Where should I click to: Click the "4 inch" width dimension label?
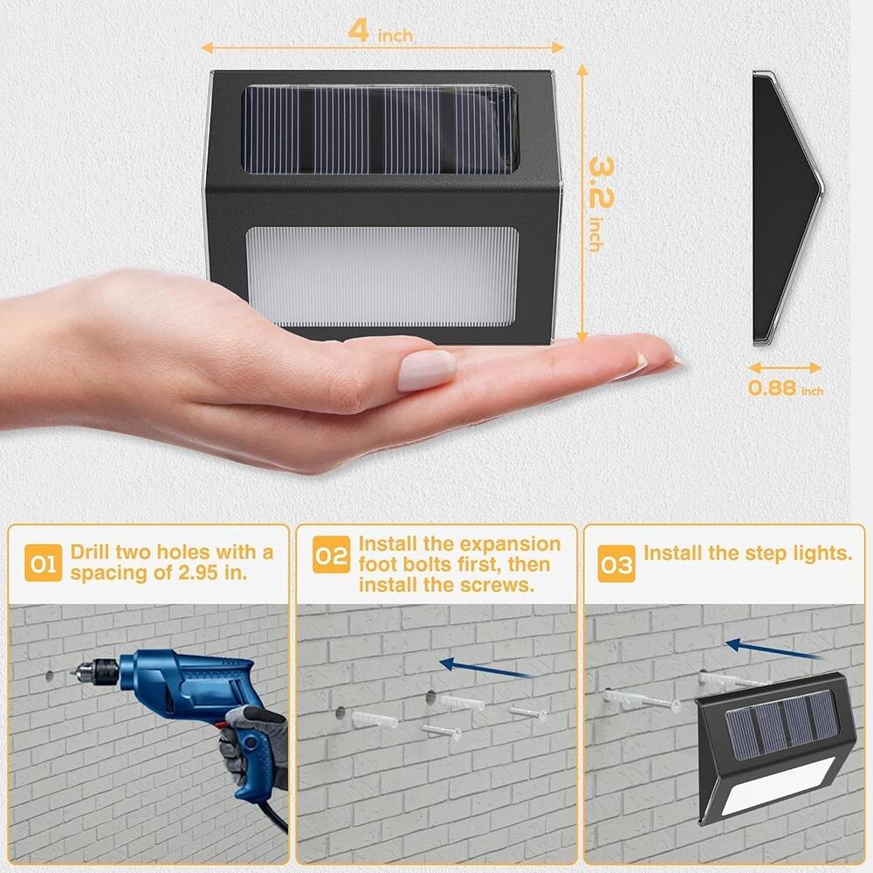pyautogui.click(x=381, y=31)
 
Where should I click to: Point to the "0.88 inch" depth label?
pyautogui.click(x=785, y=388)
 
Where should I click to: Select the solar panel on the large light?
pyautogui.click(x=381, y=130)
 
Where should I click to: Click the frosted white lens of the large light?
pyautogui.click(x=382, y=277)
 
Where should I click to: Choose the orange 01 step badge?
pyautogui.click(x=43, y=563)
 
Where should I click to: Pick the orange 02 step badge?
pyautogui.click(x=331, y=554)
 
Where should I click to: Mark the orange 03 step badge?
pyautogui.click(x=616, y=564)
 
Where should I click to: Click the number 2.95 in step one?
pyautogui.click(x=198, y=573)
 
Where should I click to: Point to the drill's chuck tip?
pyautogui.click(x=73, y=672)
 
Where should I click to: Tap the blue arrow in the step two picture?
pyautogui.click(x=484, y=668)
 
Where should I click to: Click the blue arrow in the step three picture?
pyautogui.click(x=772, y=650)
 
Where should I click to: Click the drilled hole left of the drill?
pyautogui.click(x=50, y=677)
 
